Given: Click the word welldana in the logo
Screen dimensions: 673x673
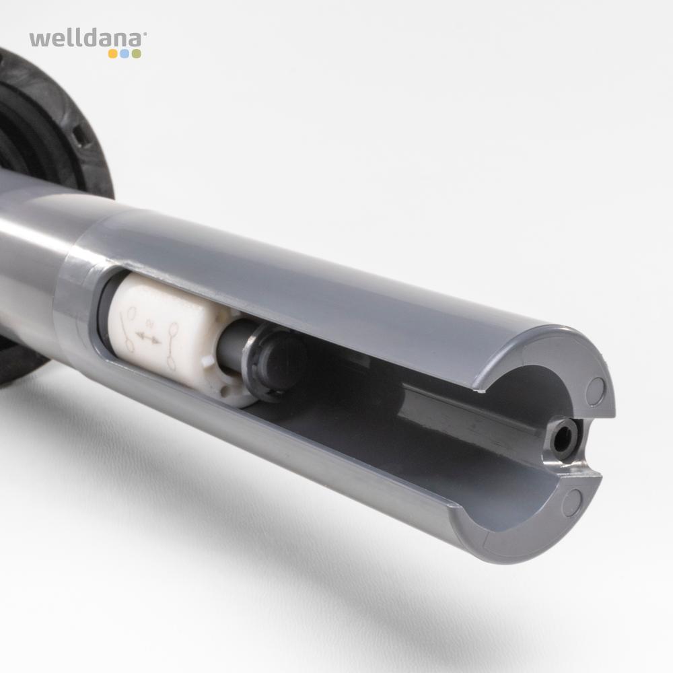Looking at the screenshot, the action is pos(86,39).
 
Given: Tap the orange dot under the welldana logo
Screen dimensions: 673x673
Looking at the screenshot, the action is pos(113,54).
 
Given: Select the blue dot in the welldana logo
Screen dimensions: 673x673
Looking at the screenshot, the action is pos(125,54).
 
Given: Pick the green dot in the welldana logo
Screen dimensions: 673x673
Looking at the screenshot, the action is pos(136,54).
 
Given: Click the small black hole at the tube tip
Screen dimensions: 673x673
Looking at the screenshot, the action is pos(561,439).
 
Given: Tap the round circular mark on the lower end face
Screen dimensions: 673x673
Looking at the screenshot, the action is pos(572,502).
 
